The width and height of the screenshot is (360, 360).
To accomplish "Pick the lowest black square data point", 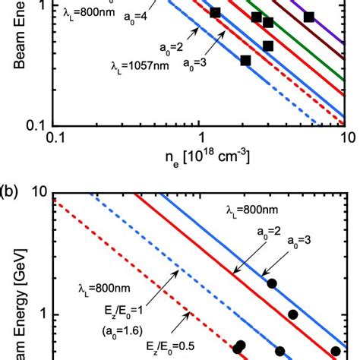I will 245,61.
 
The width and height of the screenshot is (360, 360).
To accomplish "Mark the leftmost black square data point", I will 215,13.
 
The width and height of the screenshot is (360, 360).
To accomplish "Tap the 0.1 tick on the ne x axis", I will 53,140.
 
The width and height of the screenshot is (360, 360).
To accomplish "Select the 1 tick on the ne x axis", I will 199,140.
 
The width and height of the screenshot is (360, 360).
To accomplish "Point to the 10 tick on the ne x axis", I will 344,140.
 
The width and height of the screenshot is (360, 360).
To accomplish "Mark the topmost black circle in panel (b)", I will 272,283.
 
